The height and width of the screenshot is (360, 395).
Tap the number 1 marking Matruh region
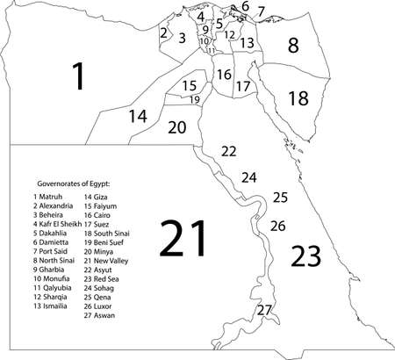(x=78, y=76)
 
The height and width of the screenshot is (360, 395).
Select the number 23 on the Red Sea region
(x=312, y=256)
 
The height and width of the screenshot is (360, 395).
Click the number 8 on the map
(x=293, y=45)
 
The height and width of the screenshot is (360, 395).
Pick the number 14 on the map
(x=138, y=116)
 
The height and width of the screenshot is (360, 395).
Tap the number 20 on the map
(x=176, y=127)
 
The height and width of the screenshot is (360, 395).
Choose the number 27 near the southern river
(x=264, y=310)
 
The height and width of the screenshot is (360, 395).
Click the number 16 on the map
(x=224, y=75)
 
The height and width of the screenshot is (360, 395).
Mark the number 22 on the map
(x=228, y=151)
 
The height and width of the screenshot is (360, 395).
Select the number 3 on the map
(x=182, y=38)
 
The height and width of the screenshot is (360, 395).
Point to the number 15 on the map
(x=190, y=85)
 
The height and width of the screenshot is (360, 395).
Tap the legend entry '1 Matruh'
(x=50, y=196)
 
